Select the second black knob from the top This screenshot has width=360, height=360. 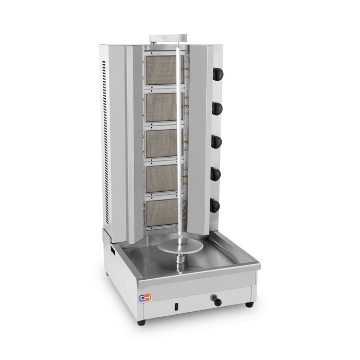point(217,108)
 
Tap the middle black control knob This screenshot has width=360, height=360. point(217,142)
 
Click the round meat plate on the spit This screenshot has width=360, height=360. point(179,247)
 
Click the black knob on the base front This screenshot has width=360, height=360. point(218,302)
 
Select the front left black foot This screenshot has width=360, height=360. point(141,322)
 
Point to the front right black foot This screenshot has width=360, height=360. point(249,304)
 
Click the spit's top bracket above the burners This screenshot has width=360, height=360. point(168,39)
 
